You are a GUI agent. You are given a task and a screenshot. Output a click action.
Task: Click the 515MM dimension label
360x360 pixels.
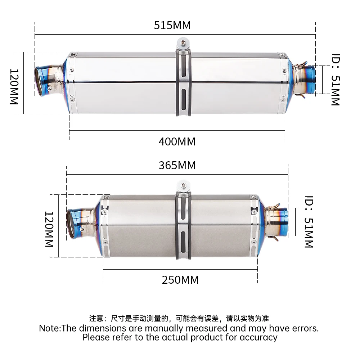pyautogui.click(x=172, y=25)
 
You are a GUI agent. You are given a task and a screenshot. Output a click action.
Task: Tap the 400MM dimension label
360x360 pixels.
pyautogui.click(x=177, y=141)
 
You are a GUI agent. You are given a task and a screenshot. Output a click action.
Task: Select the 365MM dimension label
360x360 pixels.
pyautogui.click(x=177, y=165)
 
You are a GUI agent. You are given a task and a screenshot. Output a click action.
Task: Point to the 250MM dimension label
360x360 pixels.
pyautogui.click(x=180, y=280)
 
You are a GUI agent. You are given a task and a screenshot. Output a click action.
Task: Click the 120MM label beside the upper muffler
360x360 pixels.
pyautogui.click(x=14, y=87)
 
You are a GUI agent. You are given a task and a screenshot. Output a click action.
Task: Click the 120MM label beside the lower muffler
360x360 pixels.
pyautogui.click(x=49, y=229)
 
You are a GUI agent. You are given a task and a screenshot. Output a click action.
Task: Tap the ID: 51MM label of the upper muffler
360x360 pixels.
pyautogui.click(x=336, y=80)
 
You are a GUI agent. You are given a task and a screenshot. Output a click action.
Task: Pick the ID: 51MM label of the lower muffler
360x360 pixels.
pyautogui.click(x=309, y=222)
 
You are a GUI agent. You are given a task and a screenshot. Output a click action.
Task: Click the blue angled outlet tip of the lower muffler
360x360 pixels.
pyautogui.click(x=75, y=223)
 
